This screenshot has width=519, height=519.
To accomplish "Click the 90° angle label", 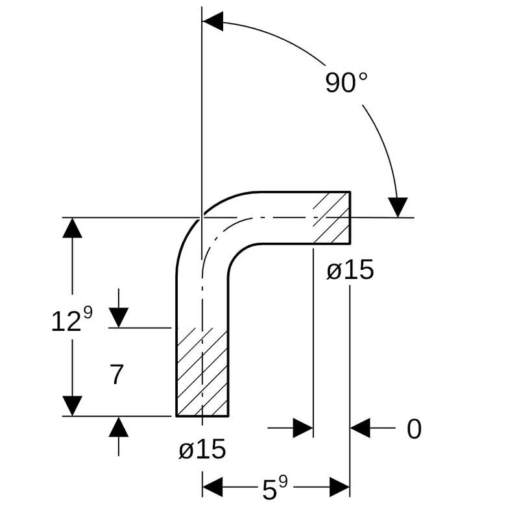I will (x=346, y=83).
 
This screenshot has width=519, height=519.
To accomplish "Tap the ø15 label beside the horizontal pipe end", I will (x=350, y=271).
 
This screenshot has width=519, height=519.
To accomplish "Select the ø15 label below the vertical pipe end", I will (x=202, y=449).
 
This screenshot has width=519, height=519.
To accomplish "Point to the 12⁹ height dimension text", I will (x=71, y=320).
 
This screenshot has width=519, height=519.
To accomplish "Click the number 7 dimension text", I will (x=116, y=375).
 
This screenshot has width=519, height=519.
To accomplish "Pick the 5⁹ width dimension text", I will (x=275, y=489).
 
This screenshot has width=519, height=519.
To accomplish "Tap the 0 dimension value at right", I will (x=414, y=429).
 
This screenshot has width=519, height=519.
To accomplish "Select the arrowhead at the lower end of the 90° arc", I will (x=398, y=207).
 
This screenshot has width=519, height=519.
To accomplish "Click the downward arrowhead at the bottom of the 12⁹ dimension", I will (x=72, y=405).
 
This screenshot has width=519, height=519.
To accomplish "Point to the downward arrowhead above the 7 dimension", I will (x=119, y=317).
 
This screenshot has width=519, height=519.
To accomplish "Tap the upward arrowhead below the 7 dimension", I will (x=119, y=427).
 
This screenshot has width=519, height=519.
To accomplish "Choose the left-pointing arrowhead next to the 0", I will (x=360, y=428).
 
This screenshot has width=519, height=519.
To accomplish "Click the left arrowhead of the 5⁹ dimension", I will (x=212, y=486).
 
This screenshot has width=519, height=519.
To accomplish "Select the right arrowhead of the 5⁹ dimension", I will (x=340, y=486).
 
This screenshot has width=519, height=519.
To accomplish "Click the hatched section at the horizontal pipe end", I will (x=332, y=218).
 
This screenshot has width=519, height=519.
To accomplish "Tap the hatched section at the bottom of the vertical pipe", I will (x=202, y=372).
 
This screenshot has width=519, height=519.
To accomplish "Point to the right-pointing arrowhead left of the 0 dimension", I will (x=303, y=428).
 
